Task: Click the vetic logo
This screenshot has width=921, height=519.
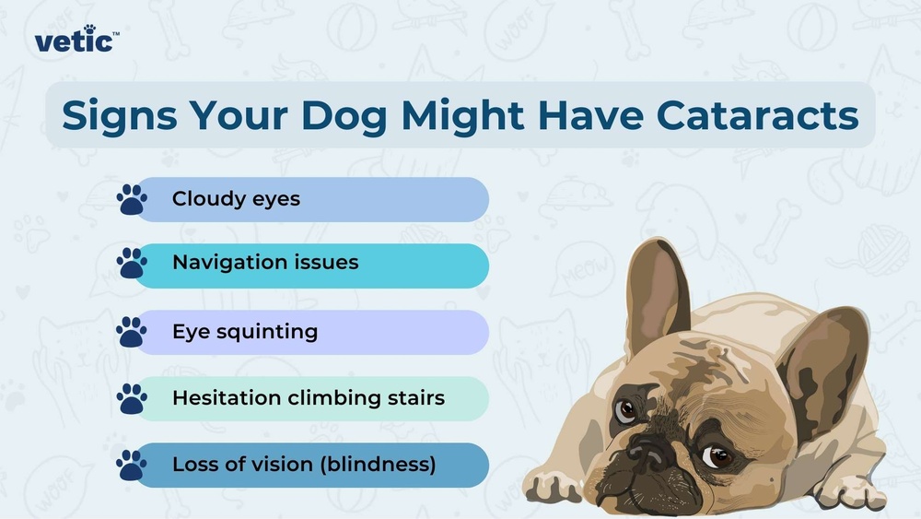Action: coord(76,41)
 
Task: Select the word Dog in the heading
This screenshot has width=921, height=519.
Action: coord(344,115)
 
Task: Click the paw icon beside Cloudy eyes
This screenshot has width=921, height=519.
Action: coord(132,200)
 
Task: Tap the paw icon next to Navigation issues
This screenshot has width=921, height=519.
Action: coord(132,264)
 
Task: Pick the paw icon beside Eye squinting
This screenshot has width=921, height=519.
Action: coord(132,332)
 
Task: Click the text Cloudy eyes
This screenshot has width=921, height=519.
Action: coord(236,199)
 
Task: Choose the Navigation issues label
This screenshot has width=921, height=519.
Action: coord(265,263)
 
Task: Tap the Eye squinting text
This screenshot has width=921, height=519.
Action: coord(245,332)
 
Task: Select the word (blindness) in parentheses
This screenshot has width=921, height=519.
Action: coord(379,465)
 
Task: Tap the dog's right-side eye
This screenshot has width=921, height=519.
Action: coord(717,455)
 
